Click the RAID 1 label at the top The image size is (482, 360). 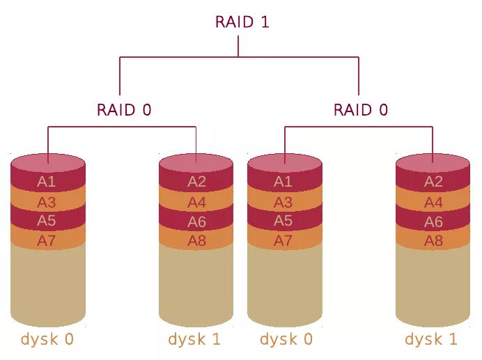coord(242,22)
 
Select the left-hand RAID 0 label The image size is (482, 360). coord(124,110)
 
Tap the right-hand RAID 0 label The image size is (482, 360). coord(361,110)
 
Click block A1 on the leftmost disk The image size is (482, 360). coord(47,182)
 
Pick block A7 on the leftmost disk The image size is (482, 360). coord(47,241)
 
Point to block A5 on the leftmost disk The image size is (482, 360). coord(47,221)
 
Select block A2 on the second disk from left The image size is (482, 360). coord(197,182)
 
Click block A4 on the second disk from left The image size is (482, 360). coord(197,203)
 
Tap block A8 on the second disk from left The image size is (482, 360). coord(197,241)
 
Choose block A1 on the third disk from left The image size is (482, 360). coord(283,182)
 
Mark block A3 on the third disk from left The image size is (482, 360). coord(283,203)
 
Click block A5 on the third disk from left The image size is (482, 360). coord(283,221)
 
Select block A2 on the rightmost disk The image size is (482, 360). coord(433,182)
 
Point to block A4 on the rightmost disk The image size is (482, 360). coord(433,203)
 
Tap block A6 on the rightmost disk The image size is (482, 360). coord(433,222)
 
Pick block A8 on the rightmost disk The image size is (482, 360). coord(433,241)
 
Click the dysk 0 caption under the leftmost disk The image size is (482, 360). coord(47,340)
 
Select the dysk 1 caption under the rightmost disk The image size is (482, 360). coord(431,340)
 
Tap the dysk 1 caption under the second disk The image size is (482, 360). coord(194,340)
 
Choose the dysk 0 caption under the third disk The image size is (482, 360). coord(286,340)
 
